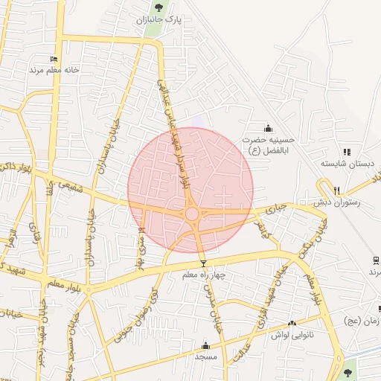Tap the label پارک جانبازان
tap(159, 21)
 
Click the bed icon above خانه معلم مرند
tap(54, 59)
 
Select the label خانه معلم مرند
tap(54, 70)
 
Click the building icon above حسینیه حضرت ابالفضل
tap(269, 128)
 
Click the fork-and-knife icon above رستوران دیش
tap(337, 190)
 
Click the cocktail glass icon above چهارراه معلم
tap(203, 263)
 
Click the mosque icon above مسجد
tap(206, 345)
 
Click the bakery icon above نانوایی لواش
tap(292, 324)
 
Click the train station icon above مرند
tap(377, 260)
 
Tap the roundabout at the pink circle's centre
tap(191, 214)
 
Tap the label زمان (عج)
tap(364, 321)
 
